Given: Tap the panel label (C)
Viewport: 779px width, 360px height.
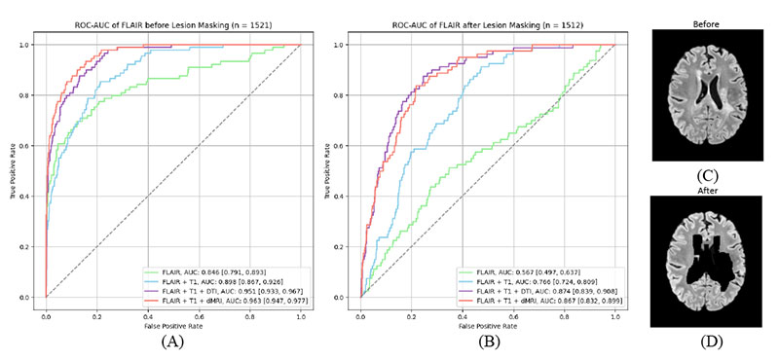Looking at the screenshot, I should (709, 176).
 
